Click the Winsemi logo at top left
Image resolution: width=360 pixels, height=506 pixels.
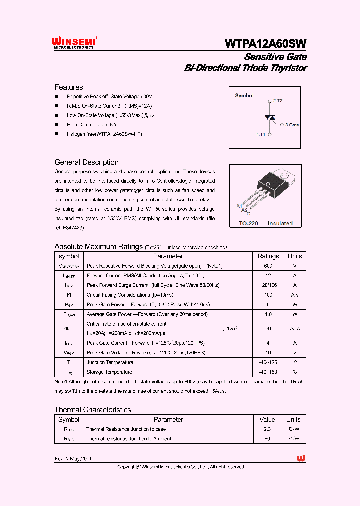[x=75, y=42]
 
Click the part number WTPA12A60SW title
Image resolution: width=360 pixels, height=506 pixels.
[x=265, y=43]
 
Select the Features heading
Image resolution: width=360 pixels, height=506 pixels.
[x=69, y=87]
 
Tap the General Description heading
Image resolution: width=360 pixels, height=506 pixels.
[x=86, y=162]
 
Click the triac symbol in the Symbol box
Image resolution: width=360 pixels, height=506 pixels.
[x=270, y=118]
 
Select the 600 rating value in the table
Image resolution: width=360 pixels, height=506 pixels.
[x=268, y=266]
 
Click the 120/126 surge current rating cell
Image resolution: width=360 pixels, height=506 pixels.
[x=268, y=285]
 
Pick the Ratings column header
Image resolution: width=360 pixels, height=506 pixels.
[x=268, y=256]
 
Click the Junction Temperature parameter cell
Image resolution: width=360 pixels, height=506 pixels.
[x=110, y=362]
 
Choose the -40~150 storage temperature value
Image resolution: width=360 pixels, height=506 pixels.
[x=268, y=372]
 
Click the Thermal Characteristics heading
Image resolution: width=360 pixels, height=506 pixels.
[x=93, y=410]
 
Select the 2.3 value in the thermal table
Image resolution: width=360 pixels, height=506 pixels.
[x=267, y=429]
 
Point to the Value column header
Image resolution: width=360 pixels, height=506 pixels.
[x=267, y=419]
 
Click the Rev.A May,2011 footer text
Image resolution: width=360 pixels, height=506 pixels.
[x=73, y=459]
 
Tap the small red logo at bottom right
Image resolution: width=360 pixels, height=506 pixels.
[x=301, y=458]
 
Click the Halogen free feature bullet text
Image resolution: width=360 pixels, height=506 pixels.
[x=104, y=134]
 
